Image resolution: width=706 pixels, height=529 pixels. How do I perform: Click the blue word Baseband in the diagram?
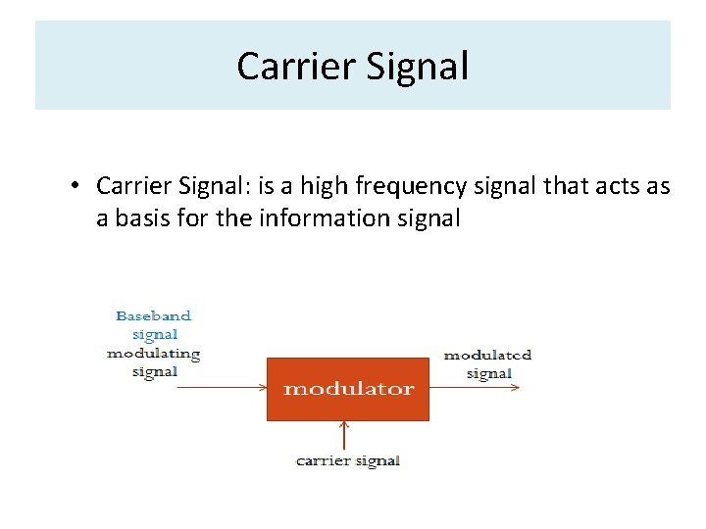click(x=154, y=316)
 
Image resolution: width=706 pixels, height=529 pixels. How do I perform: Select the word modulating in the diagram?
click(x=154, y=353)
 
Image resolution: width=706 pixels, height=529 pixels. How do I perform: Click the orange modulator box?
click(x=348, y=389)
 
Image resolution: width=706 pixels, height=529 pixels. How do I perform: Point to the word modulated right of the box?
click(x=487, y=355)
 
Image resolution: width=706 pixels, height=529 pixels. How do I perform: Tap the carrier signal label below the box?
click(x=348, y=460)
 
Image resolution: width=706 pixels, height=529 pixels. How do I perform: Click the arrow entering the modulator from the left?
click(x=221, y=387)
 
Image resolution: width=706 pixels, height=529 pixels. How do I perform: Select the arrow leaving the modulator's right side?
click(x=476, y=387)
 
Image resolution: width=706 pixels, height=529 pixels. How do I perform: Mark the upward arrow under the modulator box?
click(x=344, y=436)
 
